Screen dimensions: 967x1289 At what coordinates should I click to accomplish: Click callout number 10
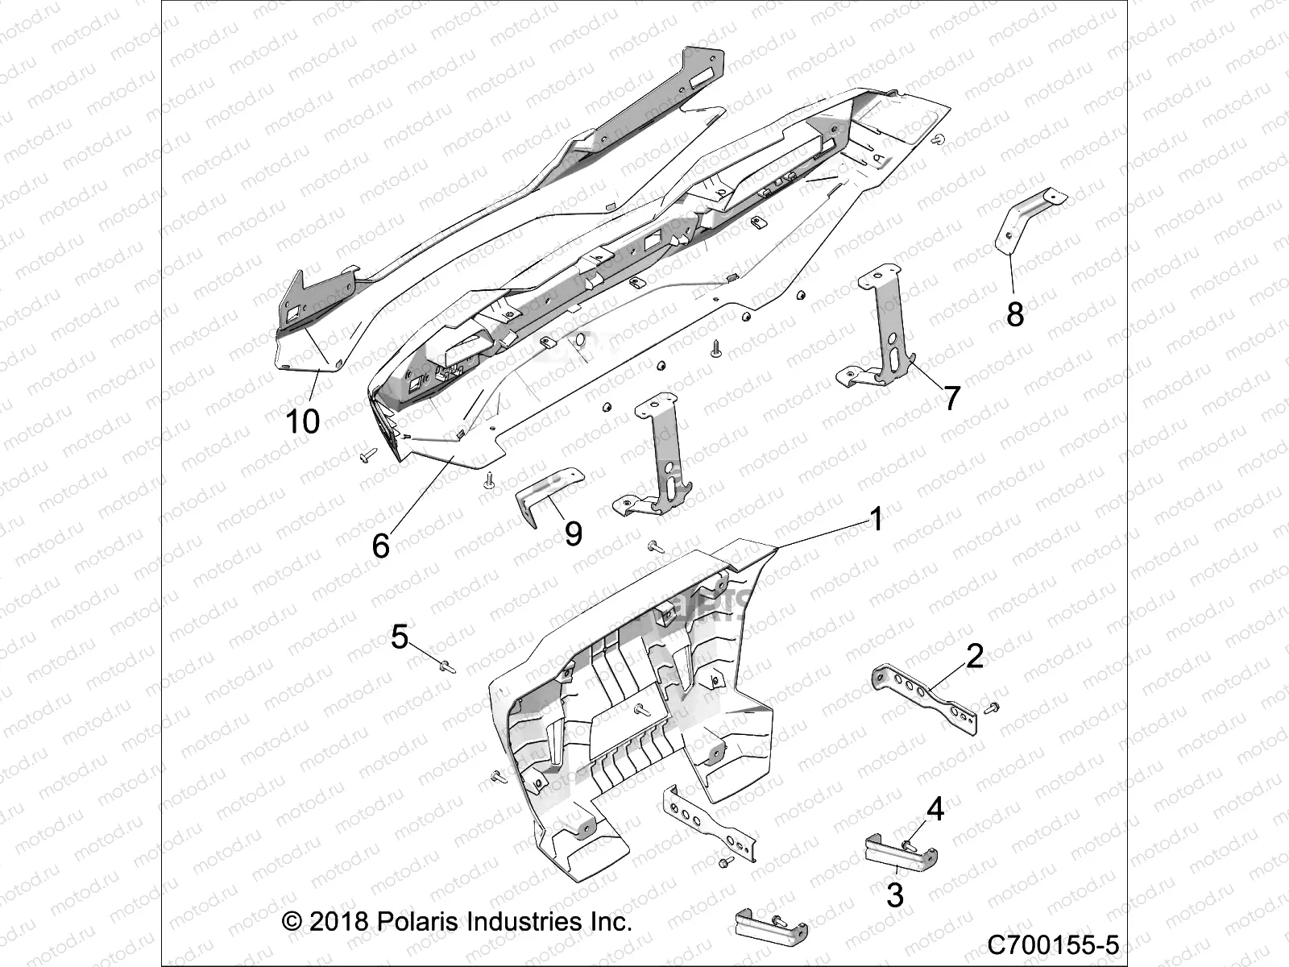[x=304, y=421]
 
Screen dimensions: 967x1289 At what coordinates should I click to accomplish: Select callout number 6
[x=380, y=546]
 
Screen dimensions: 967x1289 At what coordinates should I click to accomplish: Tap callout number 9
[x=573, y=533]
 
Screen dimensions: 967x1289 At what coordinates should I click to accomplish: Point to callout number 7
[x=952, y=397]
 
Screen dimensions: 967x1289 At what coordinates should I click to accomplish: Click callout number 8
[x=1015, y=313]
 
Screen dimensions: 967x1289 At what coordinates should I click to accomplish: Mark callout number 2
[x=975, y=656]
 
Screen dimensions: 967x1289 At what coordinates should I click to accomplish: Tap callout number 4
[x=935, y=808]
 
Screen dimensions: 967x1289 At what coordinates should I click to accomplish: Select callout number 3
[x=895, y=894]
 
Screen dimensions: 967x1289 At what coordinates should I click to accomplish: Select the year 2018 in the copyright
[x=338, y=921]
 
